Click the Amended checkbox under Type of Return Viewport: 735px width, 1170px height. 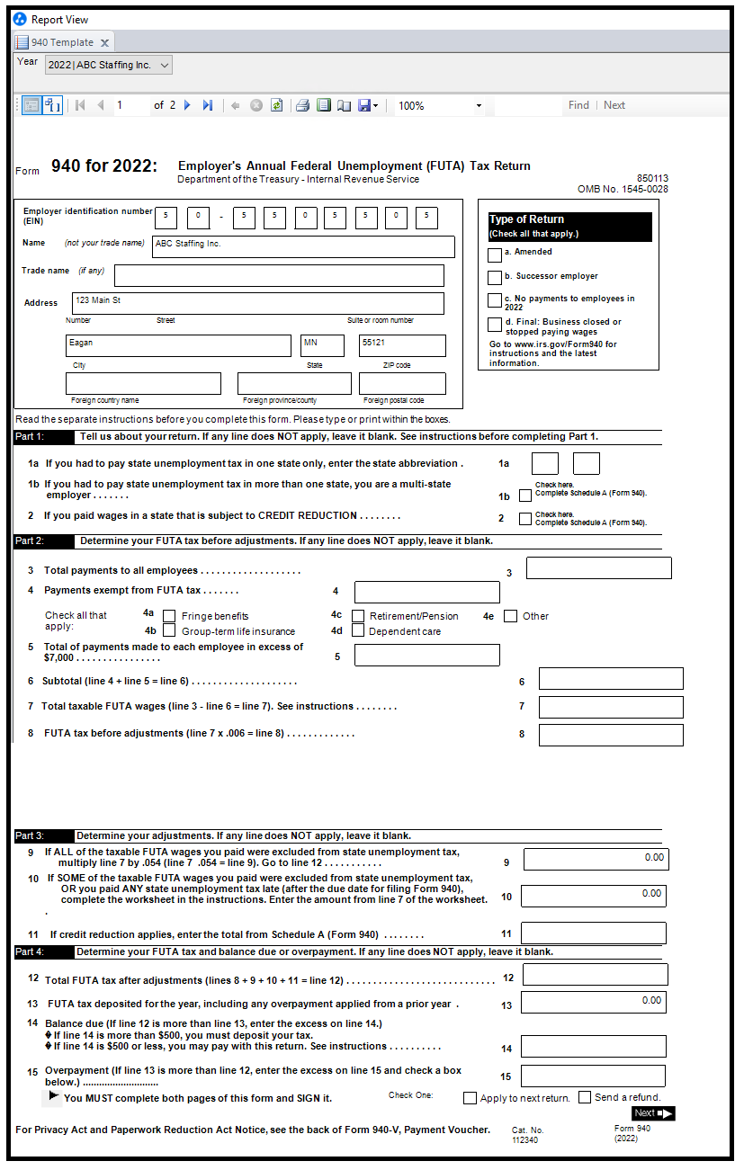click(x=494, y=255)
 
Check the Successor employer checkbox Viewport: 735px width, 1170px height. click(x=494, y=278)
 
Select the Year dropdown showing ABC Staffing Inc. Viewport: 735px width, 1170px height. click(x=108, y=65)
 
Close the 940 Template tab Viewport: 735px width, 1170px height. click(x=104, y=42)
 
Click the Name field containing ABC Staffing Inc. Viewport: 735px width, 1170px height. click(x=303, y=246)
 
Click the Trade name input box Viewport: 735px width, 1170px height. click(x=279, y=275)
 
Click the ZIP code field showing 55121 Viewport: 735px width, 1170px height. click(x=402, y=345)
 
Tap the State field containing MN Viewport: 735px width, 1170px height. click(x=322, y=345)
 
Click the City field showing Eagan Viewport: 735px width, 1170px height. click(x=177, y=345)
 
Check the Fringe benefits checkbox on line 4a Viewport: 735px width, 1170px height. click(x=169, y=616)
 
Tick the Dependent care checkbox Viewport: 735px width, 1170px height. click(x=358, y=630)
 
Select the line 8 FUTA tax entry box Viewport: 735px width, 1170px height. click(x=611, y=735)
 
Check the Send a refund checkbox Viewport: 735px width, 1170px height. click(x=585, y=1097)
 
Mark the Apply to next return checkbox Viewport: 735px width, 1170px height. click(x=470, y=1097)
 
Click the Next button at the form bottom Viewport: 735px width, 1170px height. click(x=652, y=1113)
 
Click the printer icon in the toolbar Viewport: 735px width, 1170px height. click(x=302, y=105)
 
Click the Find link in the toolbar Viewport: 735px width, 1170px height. click(x=578, y=105)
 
